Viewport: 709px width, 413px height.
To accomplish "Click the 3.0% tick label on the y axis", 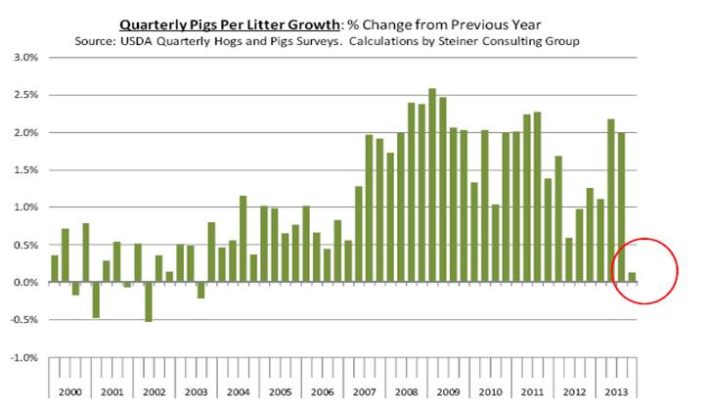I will [24, 58].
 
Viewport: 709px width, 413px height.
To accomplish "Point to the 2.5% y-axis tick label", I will [24, 95].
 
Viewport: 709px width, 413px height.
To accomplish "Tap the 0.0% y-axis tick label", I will [24, 283].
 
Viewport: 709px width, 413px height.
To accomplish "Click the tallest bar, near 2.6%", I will [431, 185].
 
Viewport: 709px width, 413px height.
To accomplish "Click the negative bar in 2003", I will [201, 290].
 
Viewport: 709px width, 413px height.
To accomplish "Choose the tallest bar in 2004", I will [242, 239].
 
